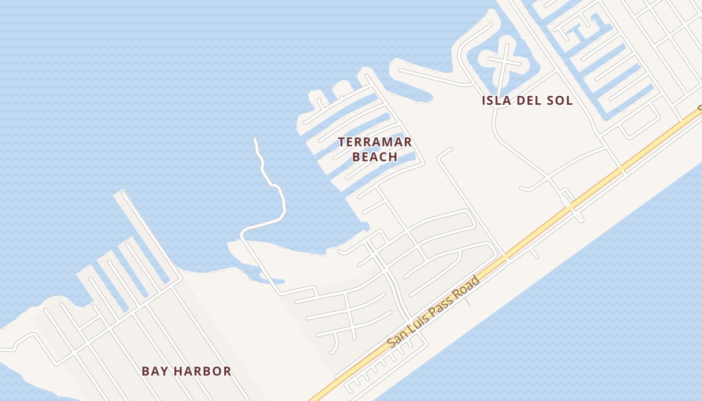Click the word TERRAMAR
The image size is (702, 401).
tap(375, 142)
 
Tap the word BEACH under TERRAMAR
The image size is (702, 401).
tap(375, 157)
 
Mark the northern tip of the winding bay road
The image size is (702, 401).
tap(255, 140)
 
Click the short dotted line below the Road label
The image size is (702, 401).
tap(468, 303)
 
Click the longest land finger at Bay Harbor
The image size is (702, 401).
tap(148, 236)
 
